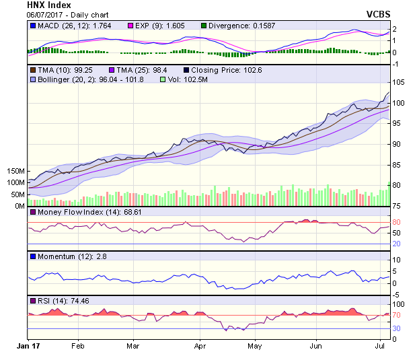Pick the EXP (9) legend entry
point(155,26)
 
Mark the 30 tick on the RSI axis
point(397,328)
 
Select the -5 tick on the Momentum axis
point(397,293)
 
